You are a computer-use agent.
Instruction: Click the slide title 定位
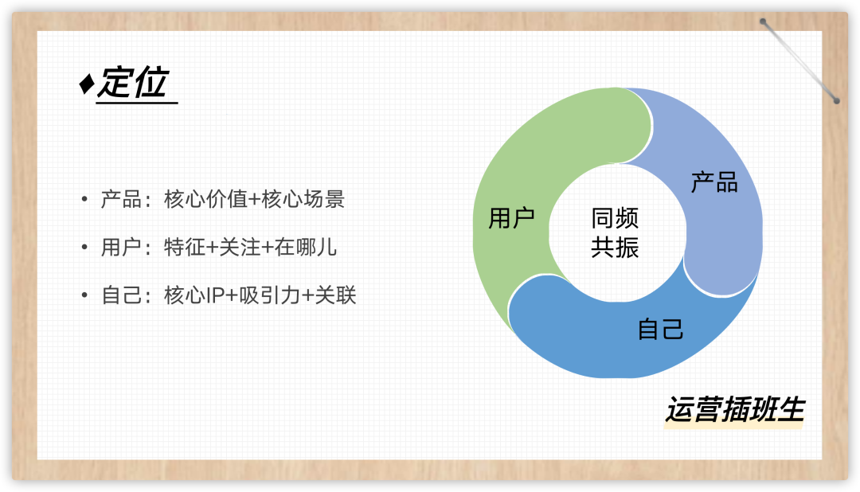pos(133,84)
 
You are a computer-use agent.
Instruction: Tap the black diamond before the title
pos(86,85)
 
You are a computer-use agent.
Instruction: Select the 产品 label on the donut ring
pos(714,182)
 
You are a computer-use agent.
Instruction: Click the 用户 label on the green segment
pos(511,218)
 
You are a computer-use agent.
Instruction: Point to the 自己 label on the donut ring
pos(661,329)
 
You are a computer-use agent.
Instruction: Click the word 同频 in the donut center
pos(615,218)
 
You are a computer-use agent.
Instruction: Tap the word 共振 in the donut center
pos(615,248)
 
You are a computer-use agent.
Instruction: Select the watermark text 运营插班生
pos(734,410)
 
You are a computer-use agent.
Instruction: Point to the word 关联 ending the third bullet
pos(335,296)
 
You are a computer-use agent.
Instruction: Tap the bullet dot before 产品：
pos(84,199)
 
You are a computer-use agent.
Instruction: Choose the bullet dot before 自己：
pos(84,296)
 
